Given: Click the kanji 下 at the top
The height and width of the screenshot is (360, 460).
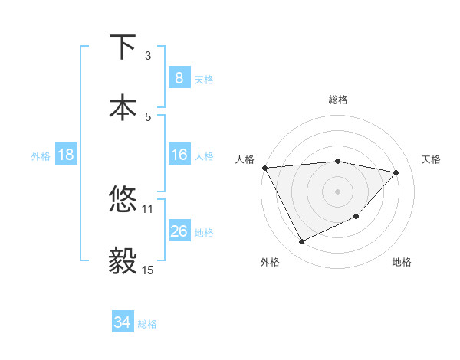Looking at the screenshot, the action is pyautogui.click(x=123, y=47).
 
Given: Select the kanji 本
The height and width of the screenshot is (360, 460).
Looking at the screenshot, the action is pyautogui.click(x=123, y=107).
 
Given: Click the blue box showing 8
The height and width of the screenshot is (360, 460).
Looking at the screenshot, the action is pyautogui.click(x=179, y=78).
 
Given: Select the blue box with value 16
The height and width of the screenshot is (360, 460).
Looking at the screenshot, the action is pyautogui.click(x=179, y=155).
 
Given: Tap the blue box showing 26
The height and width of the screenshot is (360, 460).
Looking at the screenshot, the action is pyautogui.click(x=179, y=231).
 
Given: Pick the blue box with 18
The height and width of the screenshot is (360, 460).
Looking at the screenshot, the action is pyautogui.click(x=66, y=155).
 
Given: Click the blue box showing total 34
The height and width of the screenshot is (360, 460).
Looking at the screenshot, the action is pyautogui.click(x=122, y=323).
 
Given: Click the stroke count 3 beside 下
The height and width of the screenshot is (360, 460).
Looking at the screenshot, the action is pyautogui.click(x=148, y=55).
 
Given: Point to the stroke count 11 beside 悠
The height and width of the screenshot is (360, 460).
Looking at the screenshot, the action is pyautogui.click(x=148, y=208).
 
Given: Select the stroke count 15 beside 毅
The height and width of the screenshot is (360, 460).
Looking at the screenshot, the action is pyautogui.click(x=148, y=270).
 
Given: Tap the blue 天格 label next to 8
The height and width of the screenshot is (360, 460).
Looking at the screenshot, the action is pyautogui.click(x=204, y=79).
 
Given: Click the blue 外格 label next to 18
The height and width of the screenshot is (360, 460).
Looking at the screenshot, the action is pyautogui.click(x=41, y=155).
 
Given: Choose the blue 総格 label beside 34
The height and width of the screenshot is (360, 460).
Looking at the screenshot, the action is pyautogui.click(x=147, y=324).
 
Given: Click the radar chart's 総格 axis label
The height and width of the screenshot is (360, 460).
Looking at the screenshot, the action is pyautogui.click(x=338, y=100).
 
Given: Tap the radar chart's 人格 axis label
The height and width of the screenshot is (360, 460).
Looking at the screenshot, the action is pyautogui.click(x=245, y=159).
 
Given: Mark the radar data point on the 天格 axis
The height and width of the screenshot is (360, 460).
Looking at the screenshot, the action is pyautogui.click(x=396, y=172).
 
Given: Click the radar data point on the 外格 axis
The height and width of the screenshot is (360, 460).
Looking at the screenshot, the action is pyautogui.click(x=301, y=242).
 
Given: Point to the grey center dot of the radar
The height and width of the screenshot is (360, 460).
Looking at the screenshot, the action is pyautogui.click(x=338, y=191).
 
